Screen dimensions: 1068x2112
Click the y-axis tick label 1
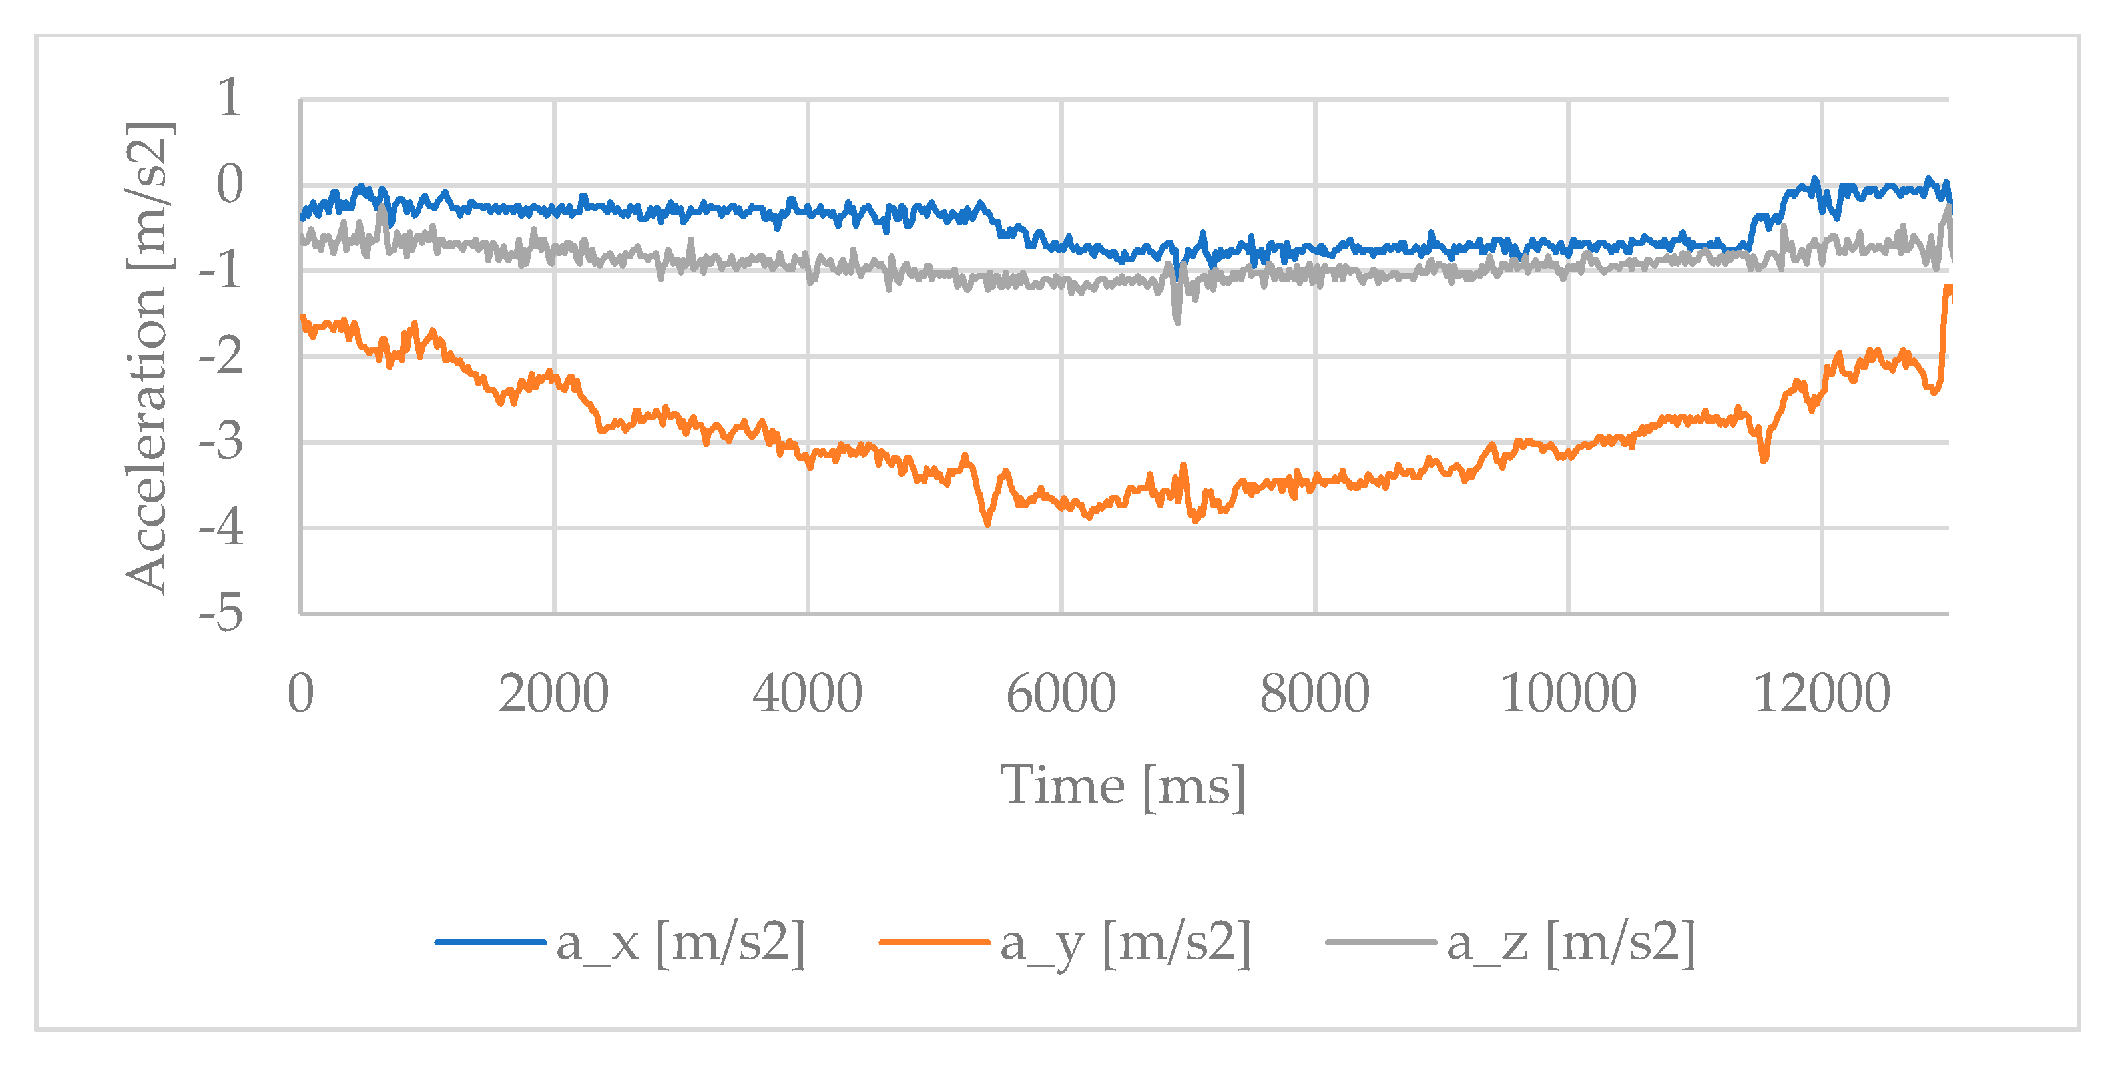coord(229,99)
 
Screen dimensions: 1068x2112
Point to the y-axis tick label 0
coord(230,185)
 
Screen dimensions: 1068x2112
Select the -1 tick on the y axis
coord(221,270)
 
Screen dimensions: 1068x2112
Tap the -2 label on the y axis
coord(221,357)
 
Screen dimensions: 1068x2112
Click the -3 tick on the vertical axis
coord(221,443)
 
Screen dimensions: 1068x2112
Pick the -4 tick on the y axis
coord(221,528)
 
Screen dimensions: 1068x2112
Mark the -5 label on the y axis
coord(221,614)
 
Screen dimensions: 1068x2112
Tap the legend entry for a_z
coord(1571,943)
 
